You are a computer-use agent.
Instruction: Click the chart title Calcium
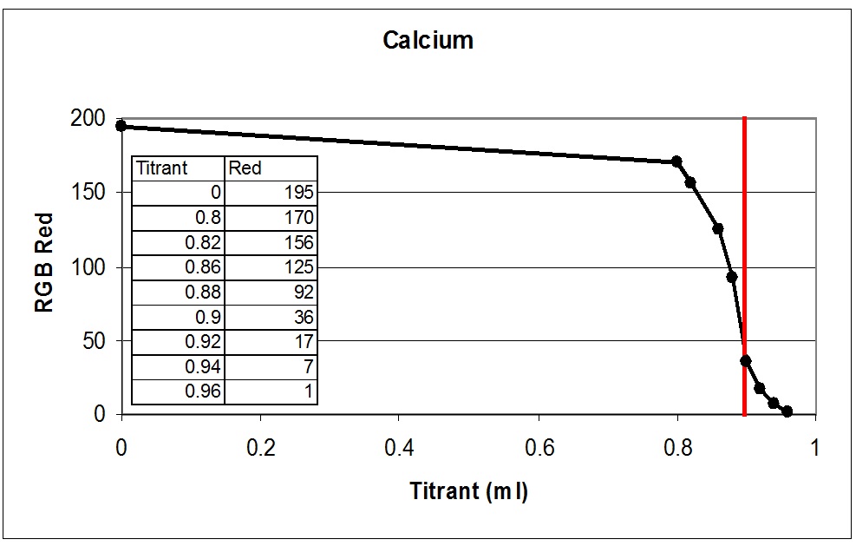(x=428, y=41)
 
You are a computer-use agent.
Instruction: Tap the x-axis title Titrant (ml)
(x=468, y=491)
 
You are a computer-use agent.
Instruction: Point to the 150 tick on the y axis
(x=92, y=192)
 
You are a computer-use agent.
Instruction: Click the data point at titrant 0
(x=121, y=126)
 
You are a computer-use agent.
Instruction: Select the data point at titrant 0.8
(x=676, y=161)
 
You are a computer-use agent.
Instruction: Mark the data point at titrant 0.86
(x=718, y=228)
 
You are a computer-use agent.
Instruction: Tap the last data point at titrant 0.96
(x=787, y=411)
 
